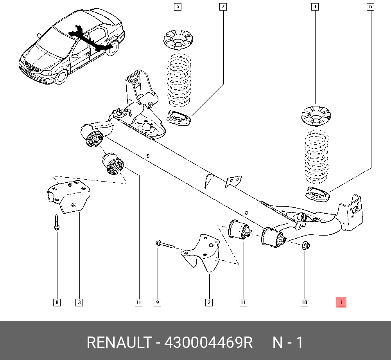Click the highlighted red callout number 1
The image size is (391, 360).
pos(341,302)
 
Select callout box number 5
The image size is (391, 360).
pos(178,7)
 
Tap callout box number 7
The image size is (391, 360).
pos(223,7)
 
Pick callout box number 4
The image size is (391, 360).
pos(314,7)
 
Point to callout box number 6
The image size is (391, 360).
pos(370,7)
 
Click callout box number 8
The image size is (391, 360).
pos(57,302)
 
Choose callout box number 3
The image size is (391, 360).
pos(79,302)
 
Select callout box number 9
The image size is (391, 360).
pos(157,302)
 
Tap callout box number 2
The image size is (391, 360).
pos(209,302)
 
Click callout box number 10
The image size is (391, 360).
pos(304,302)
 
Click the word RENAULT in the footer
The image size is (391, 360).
pos(118,342)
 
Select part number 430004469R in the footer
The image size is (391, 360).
pos(209,342)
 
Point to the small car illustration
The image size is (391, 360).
pos(72,49)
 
